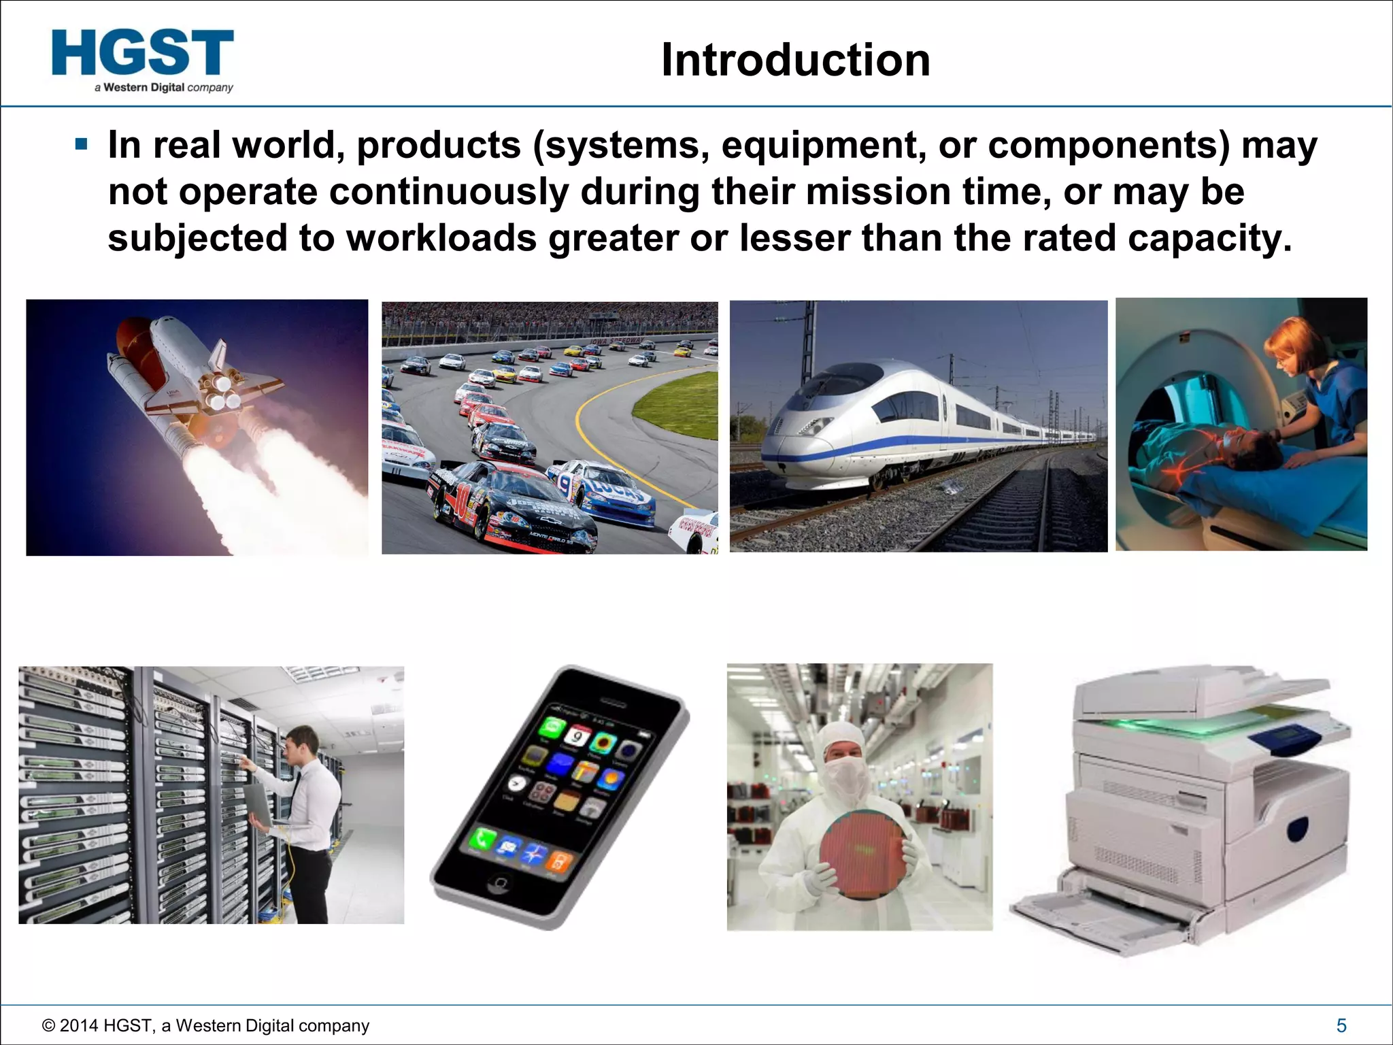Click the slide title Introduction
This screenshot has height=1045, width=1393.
click(795, 61)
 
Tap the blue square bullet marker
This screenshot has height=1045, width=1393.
click(82, 145)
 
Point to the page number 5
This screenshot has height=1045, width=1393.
click(1341, 1025)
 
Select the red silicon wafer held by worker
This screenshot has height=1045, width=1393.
click(862, 855)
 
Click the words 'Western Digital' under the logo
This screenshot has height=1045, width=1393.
click(144, 87)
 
